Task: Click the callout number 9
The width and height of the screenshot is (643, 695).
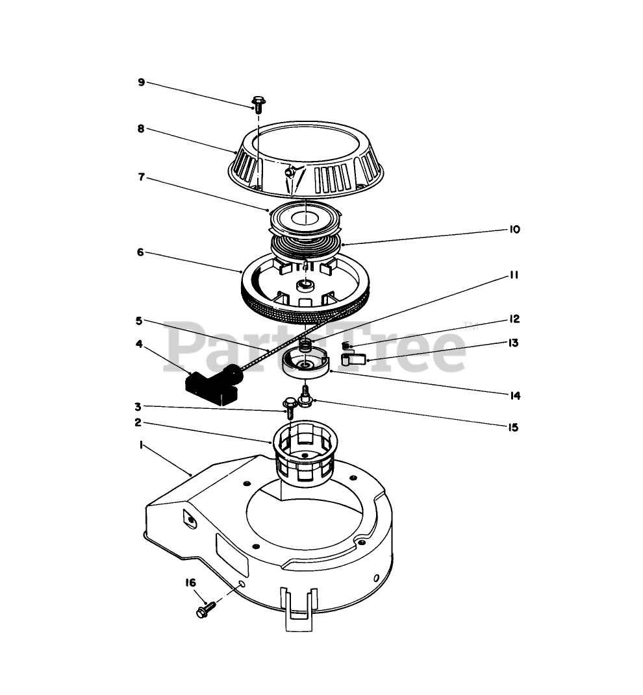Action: point(141,82)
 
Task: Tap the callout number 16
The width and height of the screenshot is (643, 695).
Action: point(190,582)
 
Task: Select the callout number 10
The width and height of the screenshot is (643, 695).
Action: point(514,230)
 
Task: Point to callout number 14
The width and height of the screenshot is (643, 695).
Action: point(514,395)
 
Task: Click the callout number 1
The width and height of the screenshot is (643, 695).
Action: point(141,446)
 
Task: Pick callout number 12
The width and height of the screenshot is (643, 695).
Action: point(514,319)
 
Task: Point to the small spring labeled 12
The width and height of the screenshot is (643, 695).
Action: point(346,345)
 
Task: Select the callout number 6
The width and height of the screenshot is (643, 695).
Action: point(140,252)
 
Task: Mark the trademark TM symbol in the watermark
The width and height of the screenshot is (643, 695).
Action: point(466,326)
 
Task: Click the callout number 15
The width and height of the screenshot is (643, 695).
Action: point(514,428)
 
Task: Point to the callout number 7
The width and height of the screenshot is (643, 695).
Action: point(140,177)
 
